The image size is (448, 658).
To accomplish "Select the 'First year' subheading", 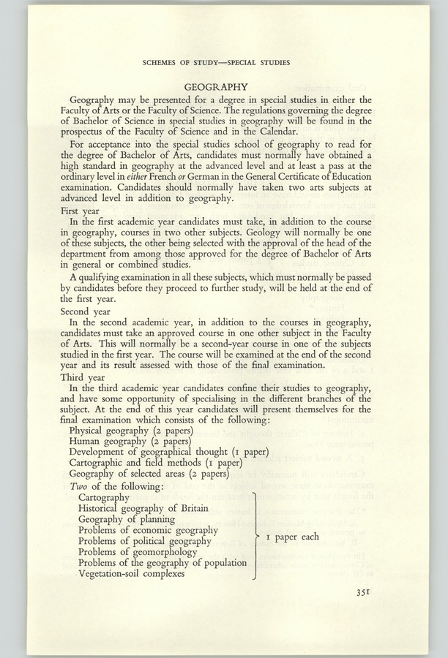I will (89, 211).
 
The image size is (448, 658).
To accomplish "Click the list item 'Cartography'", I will (103, 497).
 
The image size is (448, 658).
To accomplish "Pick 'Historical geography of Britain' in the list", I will (143, 508).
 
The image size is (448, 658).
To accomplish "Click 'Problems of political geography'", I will (145, 541).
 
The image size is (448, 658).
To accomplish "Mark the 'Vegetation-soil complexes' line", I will (132, 573).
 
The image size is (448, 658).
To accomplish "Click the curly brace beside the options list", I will (254, 536).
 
